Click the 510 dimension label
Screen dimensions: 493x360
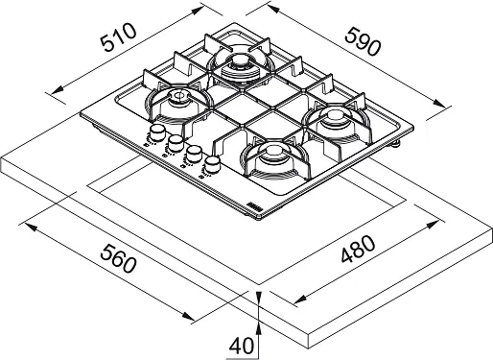[118, 37]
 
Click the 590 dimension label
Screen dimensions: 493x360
[364, 41]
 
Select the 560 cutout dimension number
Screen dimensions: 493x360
[118, 258]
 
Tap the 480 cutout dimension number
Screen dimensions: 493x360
[358, 250]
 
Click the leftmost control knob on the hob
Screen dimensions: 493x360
[157, 132]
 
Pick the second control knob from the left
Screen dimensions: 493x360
[176, 143]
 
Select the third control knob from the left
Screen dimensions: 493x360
[194, 154]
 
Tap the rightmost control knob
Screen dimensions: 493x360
[212, 164]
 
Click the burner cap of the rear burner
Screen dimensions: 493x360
[240, 60]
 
